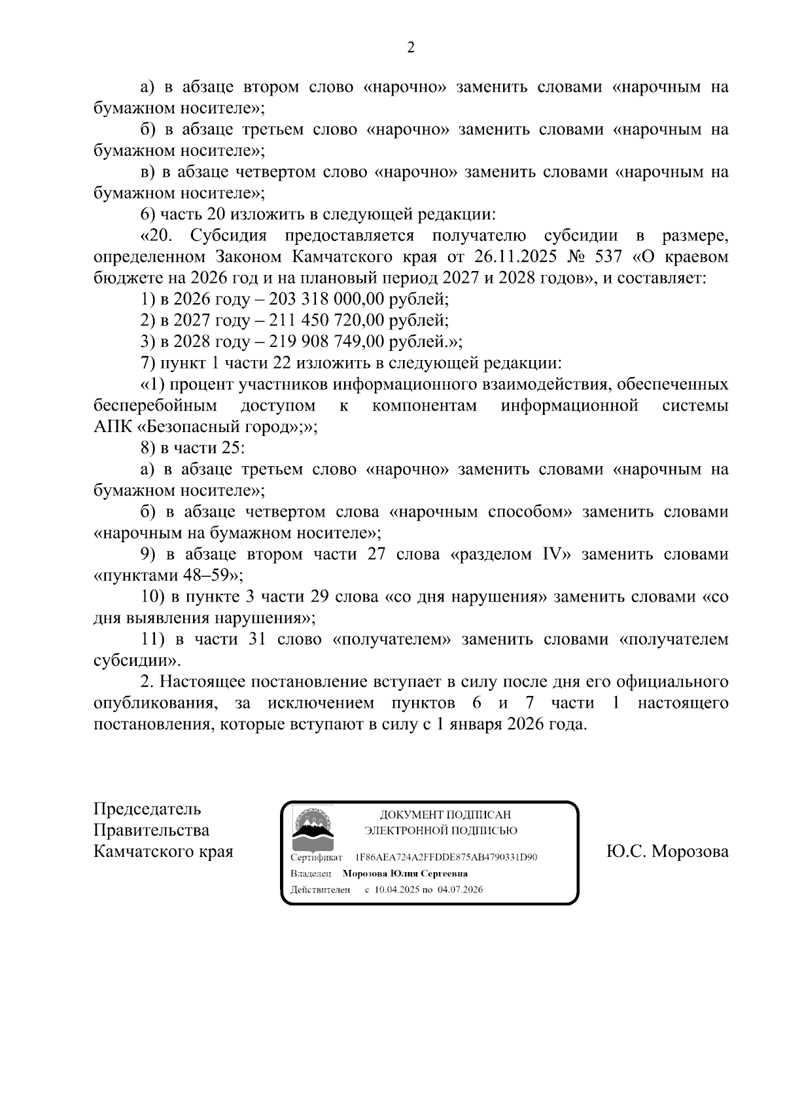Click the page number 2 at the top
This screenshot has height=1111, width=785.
[x=411, y=48]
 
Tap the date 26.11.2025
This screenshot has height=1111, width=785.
[x=518, y=256]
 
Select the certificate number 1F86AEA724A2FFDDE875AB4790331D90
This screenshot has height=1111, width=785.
[x=446, y=857]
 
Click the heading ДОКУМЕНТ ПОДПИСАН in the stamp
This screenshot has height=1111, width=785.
[x=445, y=815]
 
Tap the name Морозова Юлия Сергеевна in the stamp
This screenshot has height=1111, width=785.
[x=405, y=873]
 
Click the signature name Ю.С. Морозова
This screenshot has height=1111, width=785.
[x=667, y=852]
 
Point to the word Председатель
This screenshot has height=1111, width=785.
[x=147, y=809]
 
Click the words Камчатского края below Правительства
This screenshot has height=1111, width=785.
[x=164, y=852]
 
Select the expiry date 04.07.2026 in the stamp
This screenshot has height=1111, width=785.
[x=461, y=890]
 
